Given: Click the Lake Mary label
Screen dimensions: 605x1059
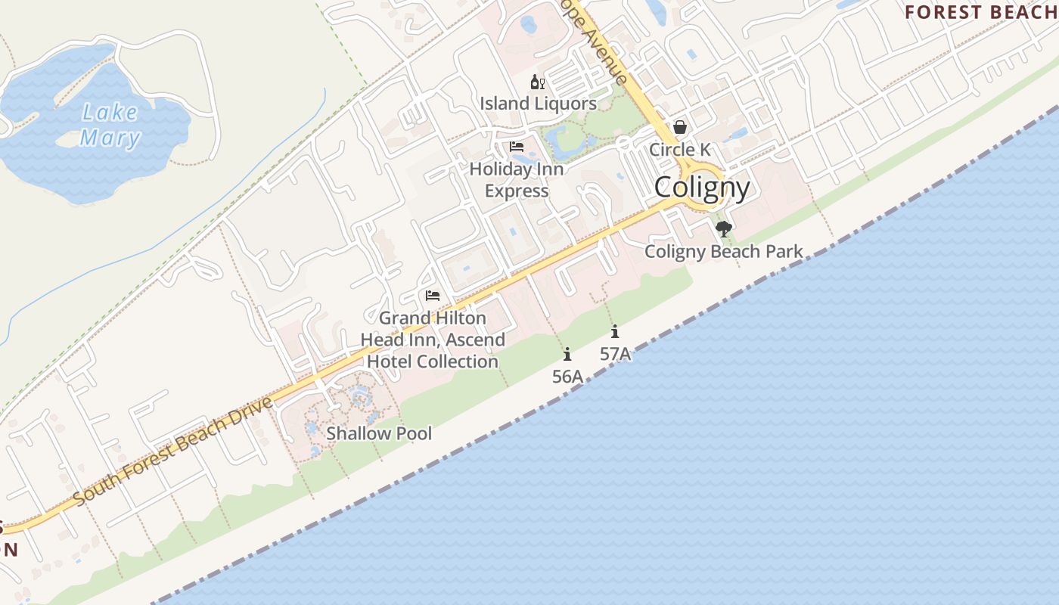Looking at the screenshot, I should pos(110,126).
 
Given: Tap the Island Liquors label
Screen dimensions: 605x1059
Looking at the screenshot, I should pos(538,104).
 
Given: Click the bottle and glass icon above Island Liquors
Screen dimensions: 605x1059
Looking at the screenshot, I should pos(538,82).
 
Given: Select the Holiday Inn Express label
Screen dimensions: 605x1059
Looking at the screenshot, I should pos(517,180).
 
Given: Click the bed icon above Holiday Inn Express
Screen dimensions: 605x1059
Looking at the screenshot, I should pos(517,147).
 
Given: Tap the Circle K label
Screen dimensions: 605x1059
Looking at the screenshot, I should pos(679,150).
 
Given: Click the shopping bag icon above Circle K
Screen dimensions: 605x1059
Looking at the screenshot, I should pos(680,127).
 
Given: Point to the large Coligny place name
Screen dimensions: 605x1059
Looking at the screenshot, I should pos(702,188).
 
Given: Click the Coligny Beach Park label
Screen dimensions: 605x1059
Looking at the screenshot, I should pos(723,252).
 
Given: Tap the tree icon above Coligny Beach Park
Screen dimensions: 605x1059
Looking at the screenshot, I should pos(724,228).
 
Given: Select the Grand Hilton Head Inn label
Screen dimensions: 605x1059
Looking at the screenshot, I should pos(433,340).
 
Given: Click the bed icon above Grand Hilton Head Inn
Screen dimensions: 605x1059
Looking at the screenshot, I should pos(433,295).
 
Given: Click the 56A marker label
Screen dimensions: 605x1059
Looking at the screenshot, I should pos(567,376).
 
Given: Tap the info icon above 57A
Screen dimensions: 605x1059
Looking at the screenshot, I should pos(615,331).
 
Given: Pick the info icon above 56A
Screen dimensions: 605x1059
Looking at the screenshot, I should pos(567,354).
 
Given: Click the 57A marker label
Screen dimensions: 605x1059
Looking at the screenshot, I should pos(615,353).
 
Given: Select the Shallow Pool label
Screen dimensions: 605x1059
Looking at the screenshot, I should pos(379,433).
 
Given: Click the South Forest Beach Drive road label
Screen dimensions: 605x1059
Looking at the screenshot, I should pos(173,451).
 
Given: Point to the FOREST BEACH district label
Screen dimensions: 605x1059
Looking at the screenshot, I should pos(981,12).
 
